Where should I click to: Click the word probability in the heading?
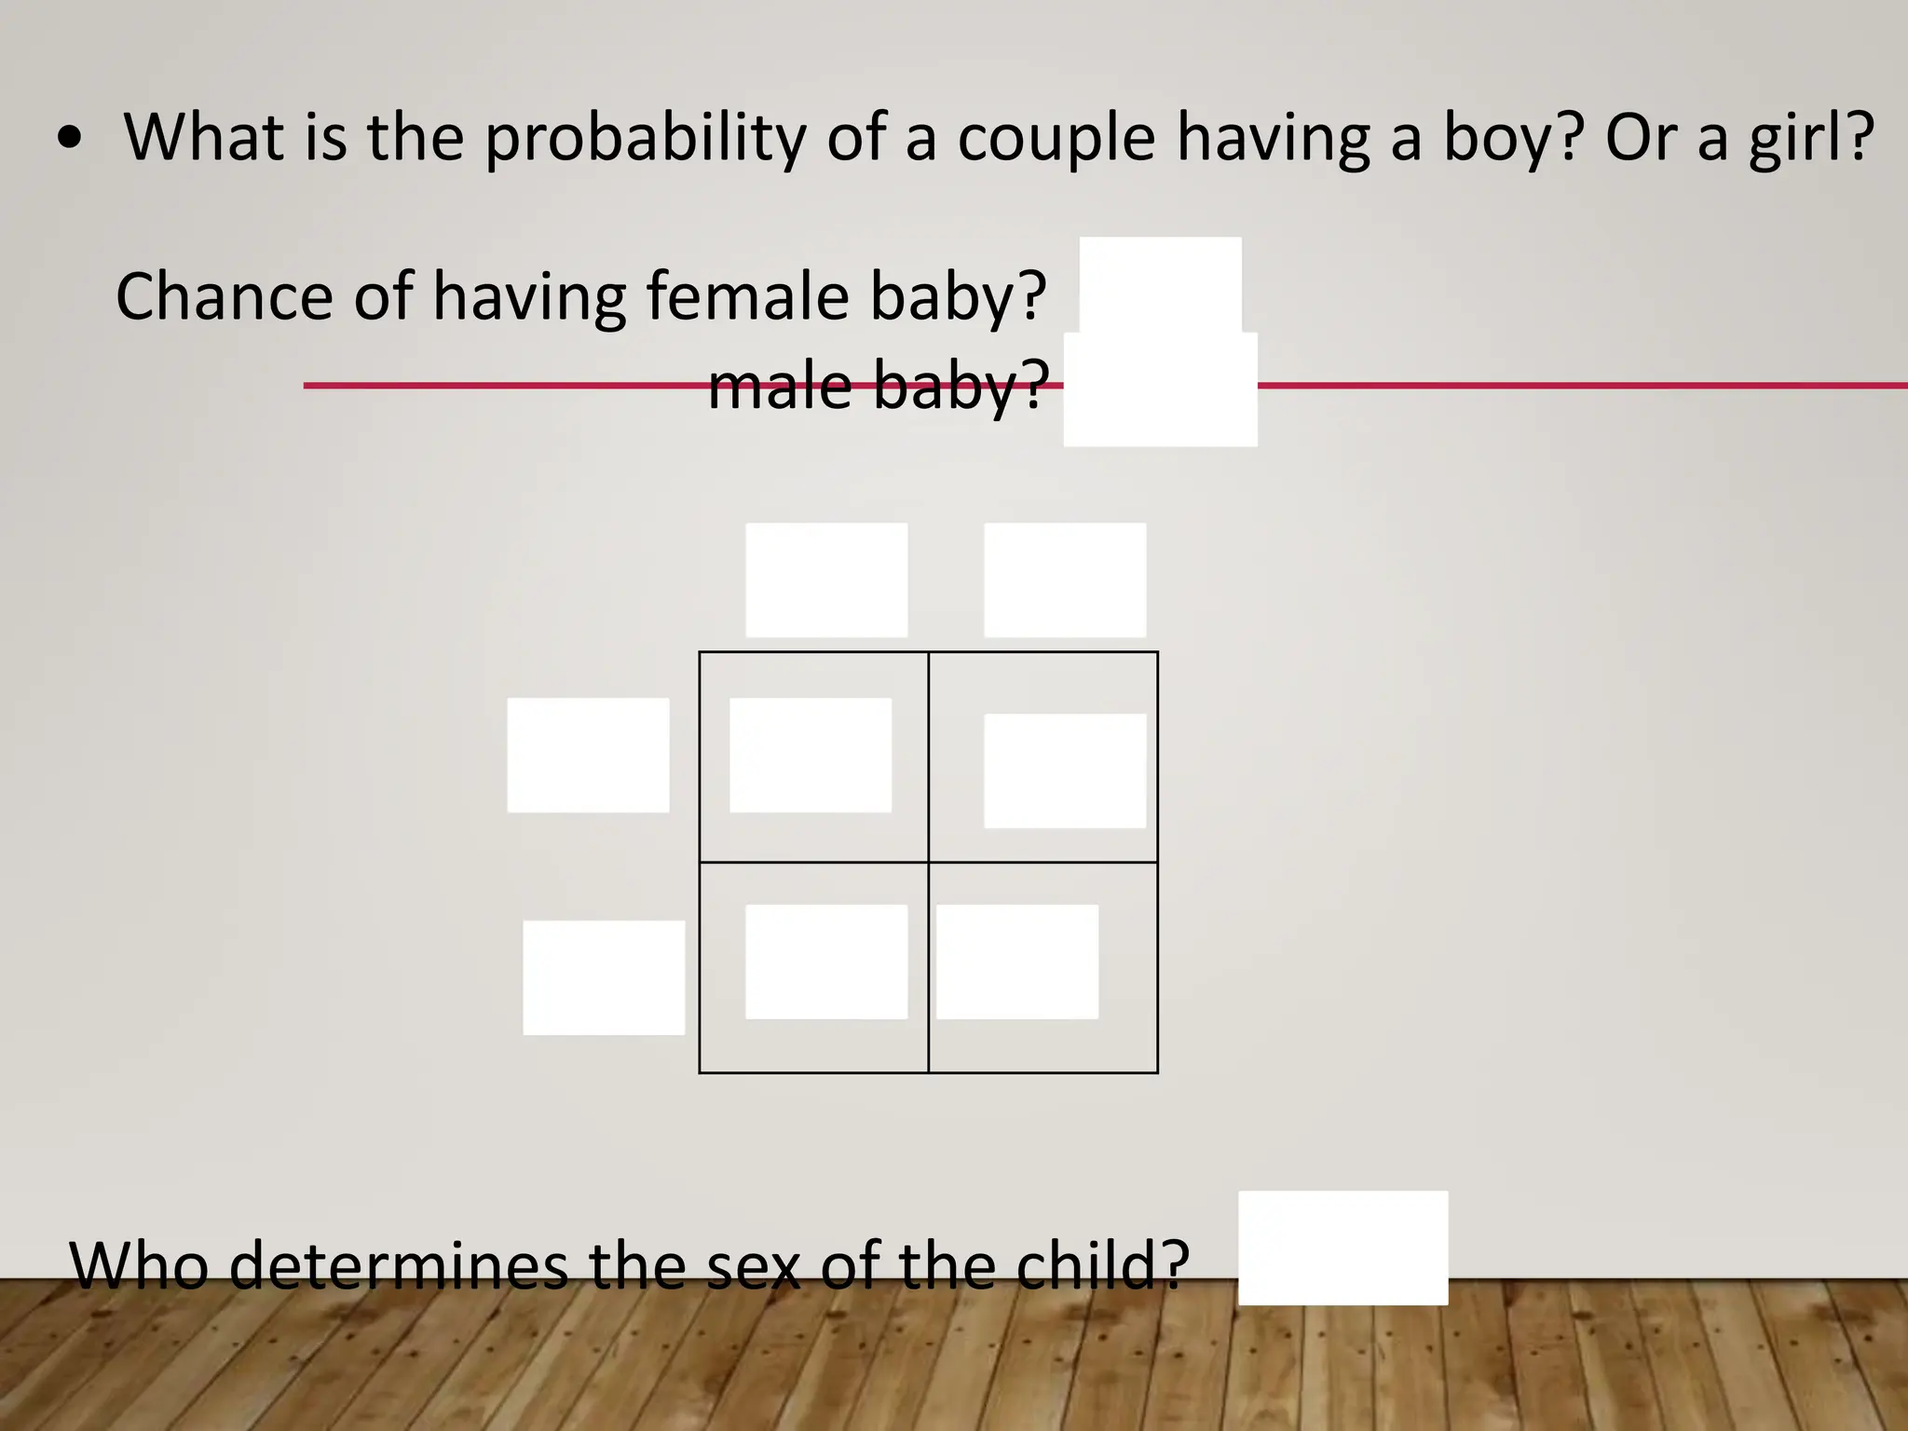click(645, 138)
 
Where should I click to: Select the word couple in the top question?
click(1056, 138)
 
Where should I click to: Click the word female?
click(747, 296)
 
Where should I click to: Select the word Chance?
click(224, 296)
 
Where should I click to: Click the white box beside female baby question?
click(1160, 285)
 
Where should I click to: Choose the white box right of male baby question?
click(1160, 389)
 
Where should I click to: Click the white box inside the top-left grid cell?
click(811, 755)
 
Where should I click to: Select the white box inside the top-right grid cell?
click(1065, 770)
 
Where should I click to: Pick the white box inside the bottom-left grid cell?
click(826, 961)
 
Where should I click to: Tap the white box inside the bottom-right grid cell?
click(1017, 961)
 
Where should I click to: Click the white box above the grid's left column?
click(826, 579)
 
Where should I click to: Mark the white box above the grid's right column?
click(1065, 579)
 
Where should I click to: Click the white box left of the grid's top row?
click(588, 755)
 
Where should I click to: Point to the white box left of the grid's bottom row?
click(604, 977)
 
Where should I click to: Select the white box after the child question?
click(1342, 1247)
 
